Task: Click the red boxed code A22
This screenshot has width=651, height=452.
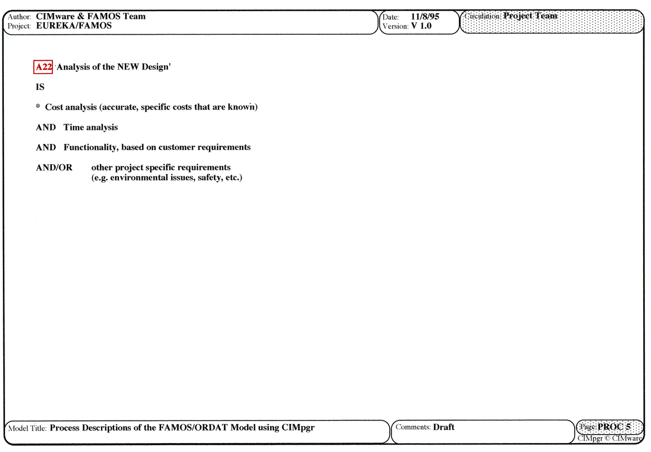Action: (x=43, y=67)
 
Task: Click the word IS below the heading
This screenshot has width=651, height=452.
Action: (x=40, y=87)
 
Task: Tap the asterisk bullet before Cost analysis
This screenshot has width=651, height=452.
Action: (x=38, y=107)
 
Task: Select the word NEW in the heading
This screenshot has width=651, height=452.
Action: (x=129, y=67)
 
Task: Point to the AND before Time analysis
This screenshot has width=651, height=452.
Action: (x=46, y=128)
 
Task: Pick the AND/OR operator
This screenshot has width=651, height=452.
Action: (x=54, y=168)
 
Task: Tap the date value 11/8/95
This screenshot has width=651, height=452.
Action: (x=425, y=17)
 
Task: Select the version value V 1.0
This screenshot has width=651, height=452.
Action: (x=421, y=26)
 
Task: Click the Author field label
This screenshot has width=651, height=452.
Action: (x=19, y=17)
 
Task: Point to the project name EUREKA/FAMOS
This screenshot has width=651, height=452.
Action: (x=74, y=26)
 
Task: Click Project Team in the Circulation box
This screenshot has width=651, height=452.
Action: (x=530, y=16)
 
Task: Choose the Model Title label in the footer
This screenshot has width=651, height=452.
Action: (x=28, y=428)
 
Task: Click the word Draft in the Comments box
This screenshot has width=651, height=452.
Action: (x=444, y=427)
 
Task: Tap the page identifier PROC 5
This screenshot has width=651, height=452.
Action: (x=614, y=427)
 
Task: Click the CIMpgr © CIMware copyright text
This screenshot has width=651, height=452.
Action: (x=609, y=439)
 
